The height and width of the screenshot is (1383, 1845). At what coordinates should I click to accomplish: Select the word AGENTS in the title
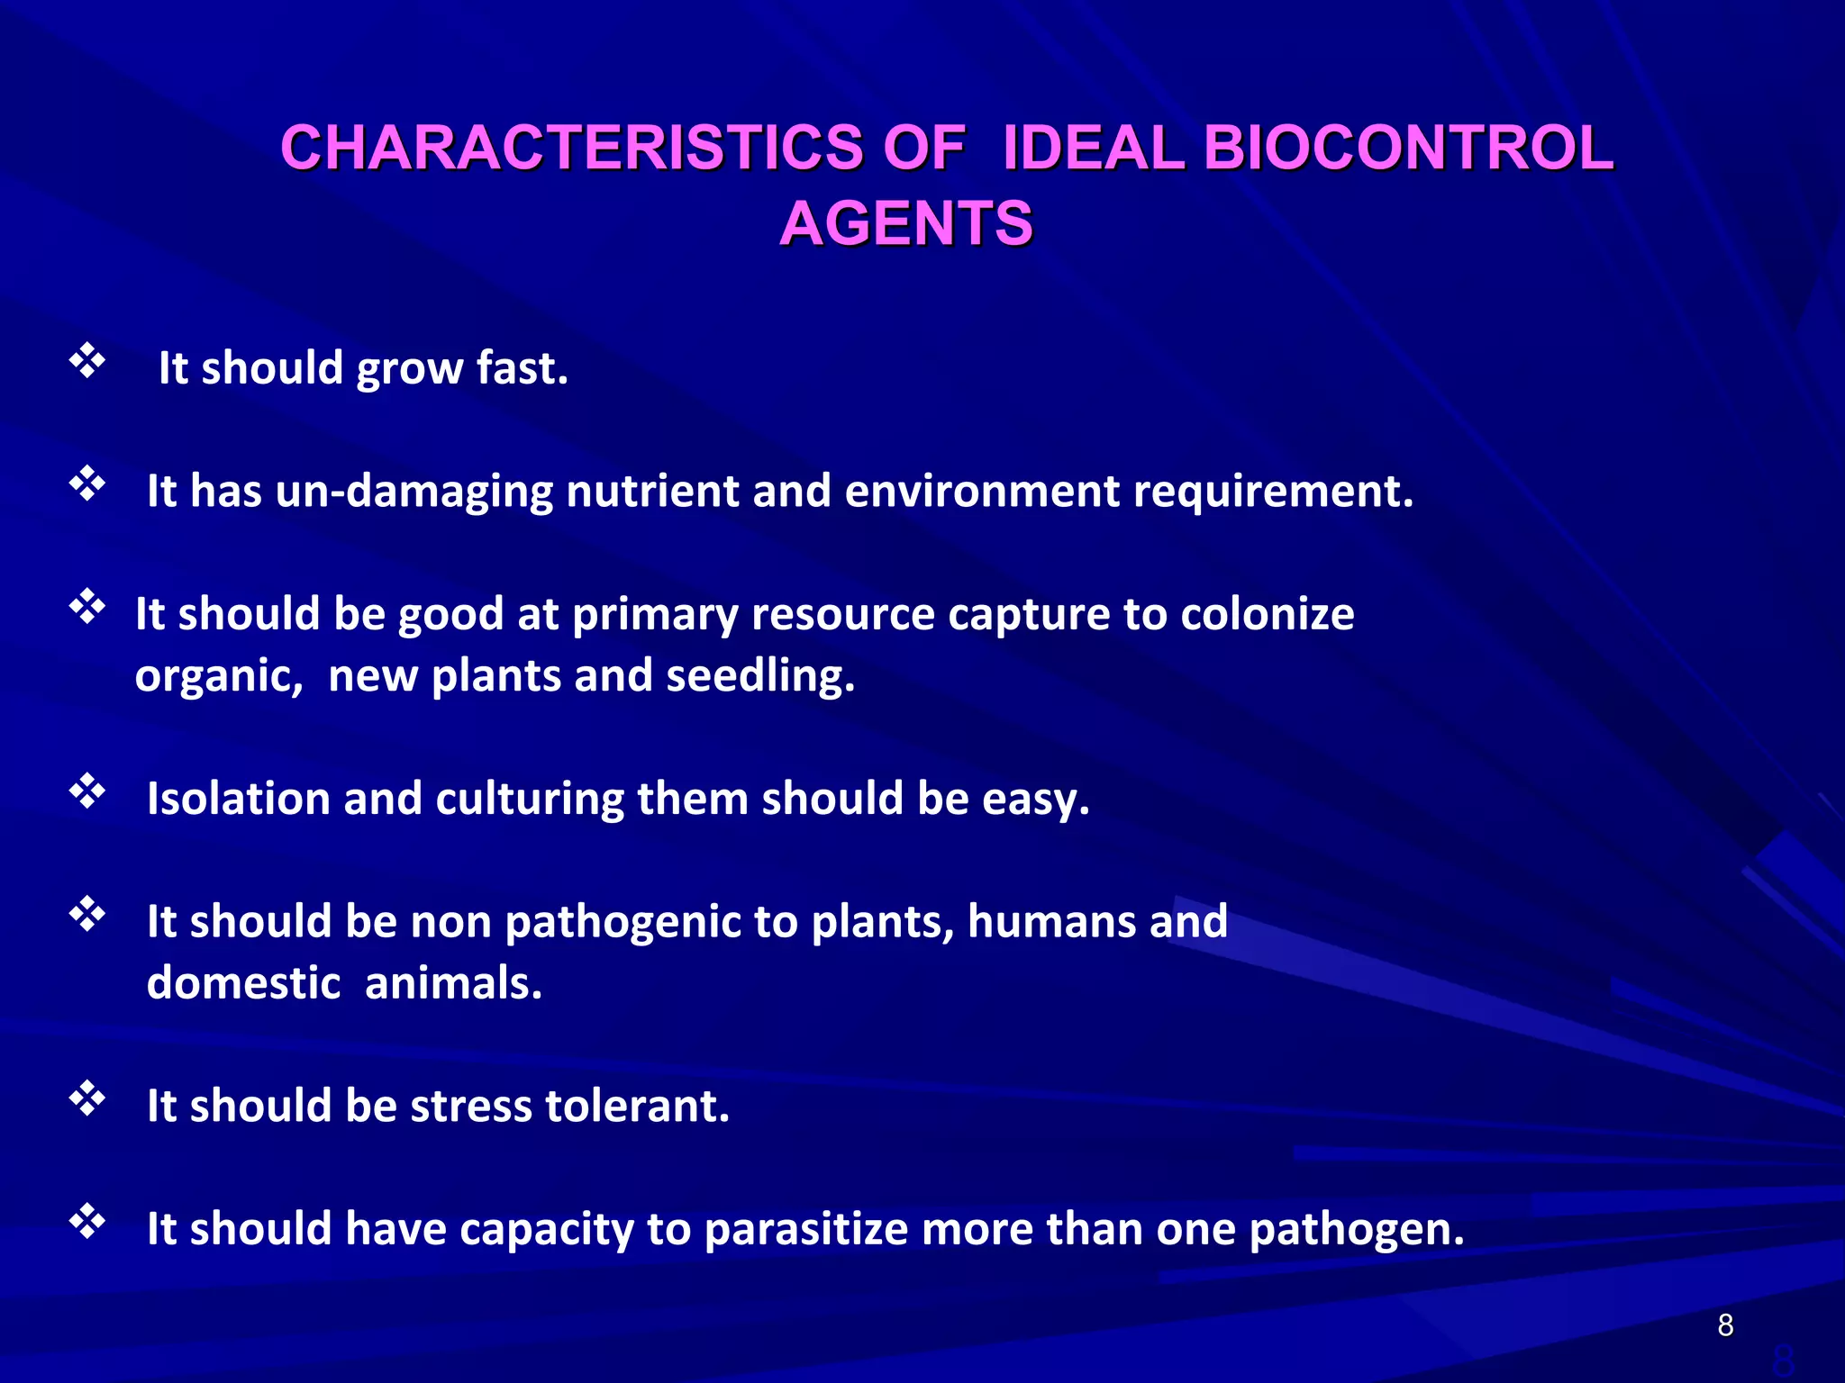pyautogui.click(x=905, y=223)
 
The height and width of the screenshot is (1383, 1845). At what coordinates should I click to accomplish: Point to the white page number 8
pyautogui.click(x=1725, y=1325)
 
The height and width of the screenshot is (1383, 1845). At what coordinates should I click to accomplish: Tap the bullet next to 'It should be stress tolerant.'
pyautogui.click(x=87, y=1099)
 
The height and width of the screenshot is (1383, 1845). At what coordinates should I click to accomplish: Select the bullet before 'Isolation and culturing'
pyautogui.click(x=87, y=791)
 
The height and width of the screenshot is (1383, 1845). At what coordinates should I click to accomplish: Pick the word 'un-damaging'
pyautogui.click(x=414, y=492)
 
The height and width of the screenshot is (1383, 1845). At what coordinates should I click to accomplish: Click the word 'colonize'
pyautogui.click(x=1267, y=614)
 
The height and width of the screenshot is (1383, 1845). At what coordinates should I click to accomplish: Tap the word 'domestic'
pyautogui.click(x=243, y=983)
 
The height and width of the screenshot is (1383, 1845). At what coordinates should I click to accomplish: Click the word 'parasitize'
pyautogui.click(x=805, y=1230)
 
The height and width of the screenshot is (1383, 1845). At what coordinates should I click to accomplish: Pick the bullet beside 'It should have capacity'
pyautogui.click(x=87, y=1222)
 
